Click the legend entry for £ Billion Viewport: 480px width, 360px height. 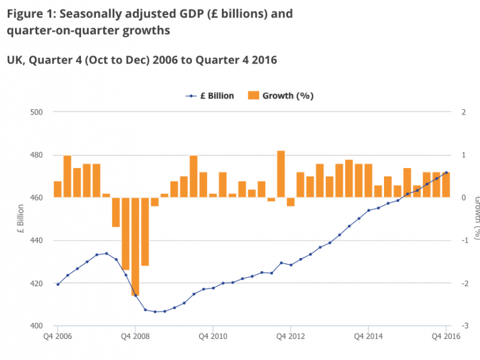click(210, 95)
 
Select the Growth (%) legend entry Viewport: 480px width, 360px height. click(281, 95)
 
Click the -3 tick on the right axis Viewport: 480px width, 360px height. click(464, 326)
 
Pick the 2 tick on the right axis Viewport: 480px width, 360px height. click(463, 112)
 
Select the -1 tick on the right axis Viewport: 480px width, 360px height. click(464, 241)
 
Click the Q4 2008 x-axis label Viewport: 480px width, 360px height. click(136, 337)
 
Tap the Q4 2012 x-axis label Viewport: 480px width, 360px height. click(290, 337)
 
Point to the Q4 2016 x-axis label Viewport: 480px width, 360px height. click(445, 337)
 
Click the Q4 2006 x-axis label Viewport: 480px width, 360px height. click(58, 337)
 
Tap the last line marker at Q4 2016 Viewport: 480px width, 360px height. click(446, 173)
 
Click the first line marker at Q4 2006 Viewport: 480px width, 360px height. click(58, 284)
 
